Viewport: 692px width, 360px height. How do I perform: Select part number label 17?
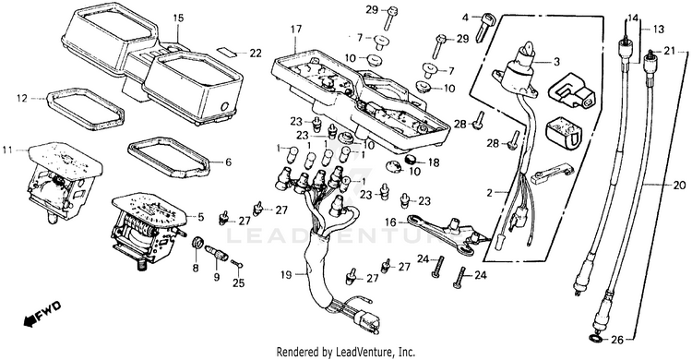tap(295, 30)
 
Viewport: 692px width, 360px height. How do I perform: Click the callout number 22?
tap(256, 53)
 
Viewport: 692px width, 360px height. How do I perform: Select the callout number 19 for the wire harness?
tap(286, 275)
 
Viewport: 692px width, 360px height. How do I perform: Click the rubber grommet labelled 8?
tap(198, 243)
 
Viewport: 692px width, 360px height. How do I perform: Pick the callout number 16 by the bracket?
tap(390, 222)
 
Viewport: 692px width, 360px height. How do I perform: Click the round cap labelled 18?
tap(412, 160)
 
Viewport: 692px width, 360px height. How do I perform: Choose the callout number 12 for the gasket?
tap(22, 98)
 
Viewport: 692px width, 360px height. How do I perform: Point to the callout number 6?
tap(228, 162)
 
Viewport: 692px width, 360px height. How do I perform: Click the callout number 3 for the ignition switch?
tap(556, 62)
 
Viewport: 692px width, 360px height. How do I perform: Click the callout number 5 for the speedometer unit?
tap(201, 217)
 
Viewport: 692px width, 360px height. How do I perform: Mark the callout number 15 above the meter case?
tap(178, 18)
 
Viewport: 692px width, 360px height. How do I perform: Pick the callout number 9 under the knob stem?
tap(216, 278)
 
